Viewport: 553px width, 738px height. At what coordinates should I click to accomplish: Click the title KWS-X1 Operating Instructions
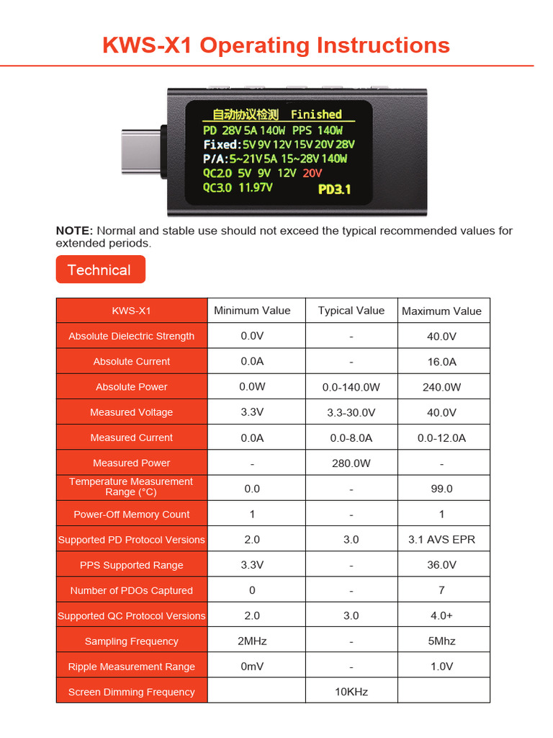(276, 45)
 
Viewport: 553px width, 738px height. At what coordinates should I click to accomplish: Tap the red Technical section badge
(100, 270)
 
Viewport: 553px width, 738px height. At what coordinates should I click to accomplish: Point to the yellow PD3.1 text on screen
(334, 190)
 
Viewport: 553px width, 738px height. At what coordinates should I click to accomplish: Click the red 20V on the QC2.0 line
(313, 173)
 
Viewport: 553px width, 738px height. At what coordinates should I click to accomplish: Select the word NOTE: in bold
(74, 231)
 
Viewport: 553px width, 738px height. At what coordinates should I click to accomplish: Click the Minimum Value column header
(252, 311)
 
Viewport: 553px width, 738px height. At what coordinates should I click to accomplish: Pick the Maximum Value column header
(441, 311)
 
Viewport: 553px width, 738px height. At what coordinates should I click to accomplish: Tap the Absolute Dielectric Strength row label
(132, 336)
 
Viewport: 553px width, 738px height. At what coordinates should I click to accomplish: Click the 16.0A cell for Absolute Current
(441, 362)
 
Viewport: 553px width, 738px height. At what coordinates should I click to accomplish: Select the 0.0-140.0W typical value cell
(351, 387)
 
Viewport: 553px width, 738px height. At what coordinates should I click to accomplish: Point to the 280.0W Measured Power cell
(351, 463)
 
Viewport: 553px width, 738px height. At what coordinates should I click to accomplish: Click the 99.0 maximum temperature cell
(441, 489)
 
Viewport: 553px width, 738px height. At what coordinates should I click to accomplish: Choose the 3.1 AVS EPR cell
(441, 539)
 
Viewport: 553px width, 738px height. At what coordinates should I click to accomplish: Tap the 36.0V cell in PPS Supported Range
(441, 565)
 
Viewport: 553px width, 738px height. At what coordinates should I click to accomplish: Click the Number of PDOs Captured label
(132, 590)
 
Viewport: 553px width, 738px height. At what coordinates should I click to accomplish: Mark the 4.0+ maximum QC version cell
(441, 615)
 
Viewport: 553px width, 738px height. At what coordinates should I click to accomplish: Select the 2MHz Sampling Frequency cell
(252, 641)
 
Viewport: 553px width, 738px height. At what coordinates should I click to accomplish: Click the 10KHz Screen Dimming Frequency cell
(351, 691)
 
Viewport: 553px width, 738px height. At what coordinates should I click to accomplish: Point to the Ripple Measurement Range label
(132, 667)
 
